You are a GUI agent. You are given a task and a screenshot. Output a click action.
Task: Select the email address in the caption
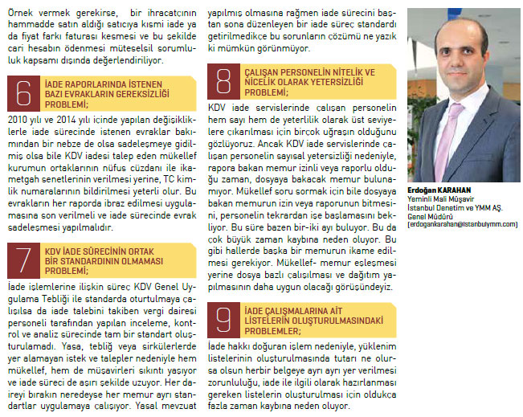click(x=463, y=224)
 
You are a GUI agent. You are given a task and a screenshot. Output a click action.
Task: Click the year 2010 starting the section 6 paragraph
click(x=17, y=117)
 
